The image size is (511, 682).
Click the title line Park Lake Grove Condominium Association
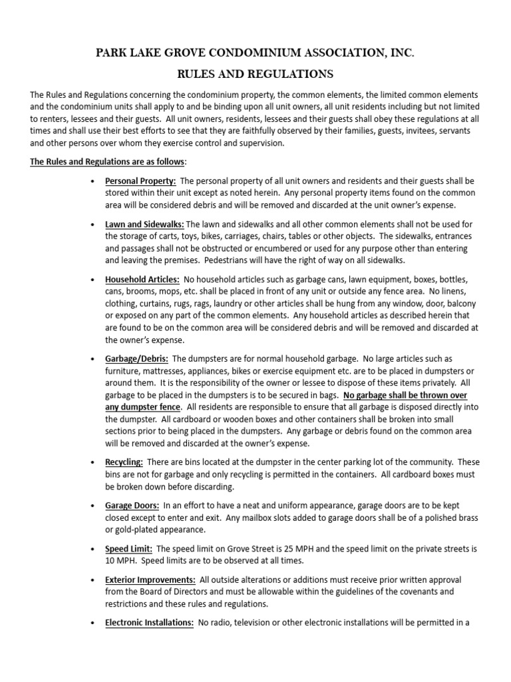[255, 53]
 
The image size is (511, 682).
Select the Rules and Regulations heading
[255, 74]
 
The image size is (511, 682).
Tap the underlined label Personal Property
[140, 181]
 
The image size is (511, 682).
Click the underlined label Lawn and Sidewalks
[144, 224]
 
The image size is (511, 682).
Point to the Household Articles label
[142, 279]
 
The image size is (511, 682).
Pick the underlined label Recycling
[124, 462]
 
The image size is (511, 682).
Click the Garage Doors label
[132, 506]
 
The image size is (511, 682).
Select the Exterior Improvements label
[150, 580]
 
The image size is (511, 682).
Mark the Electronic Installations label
[150, 623]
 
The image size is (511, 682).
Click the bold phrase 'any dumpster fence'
[143, 406]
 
